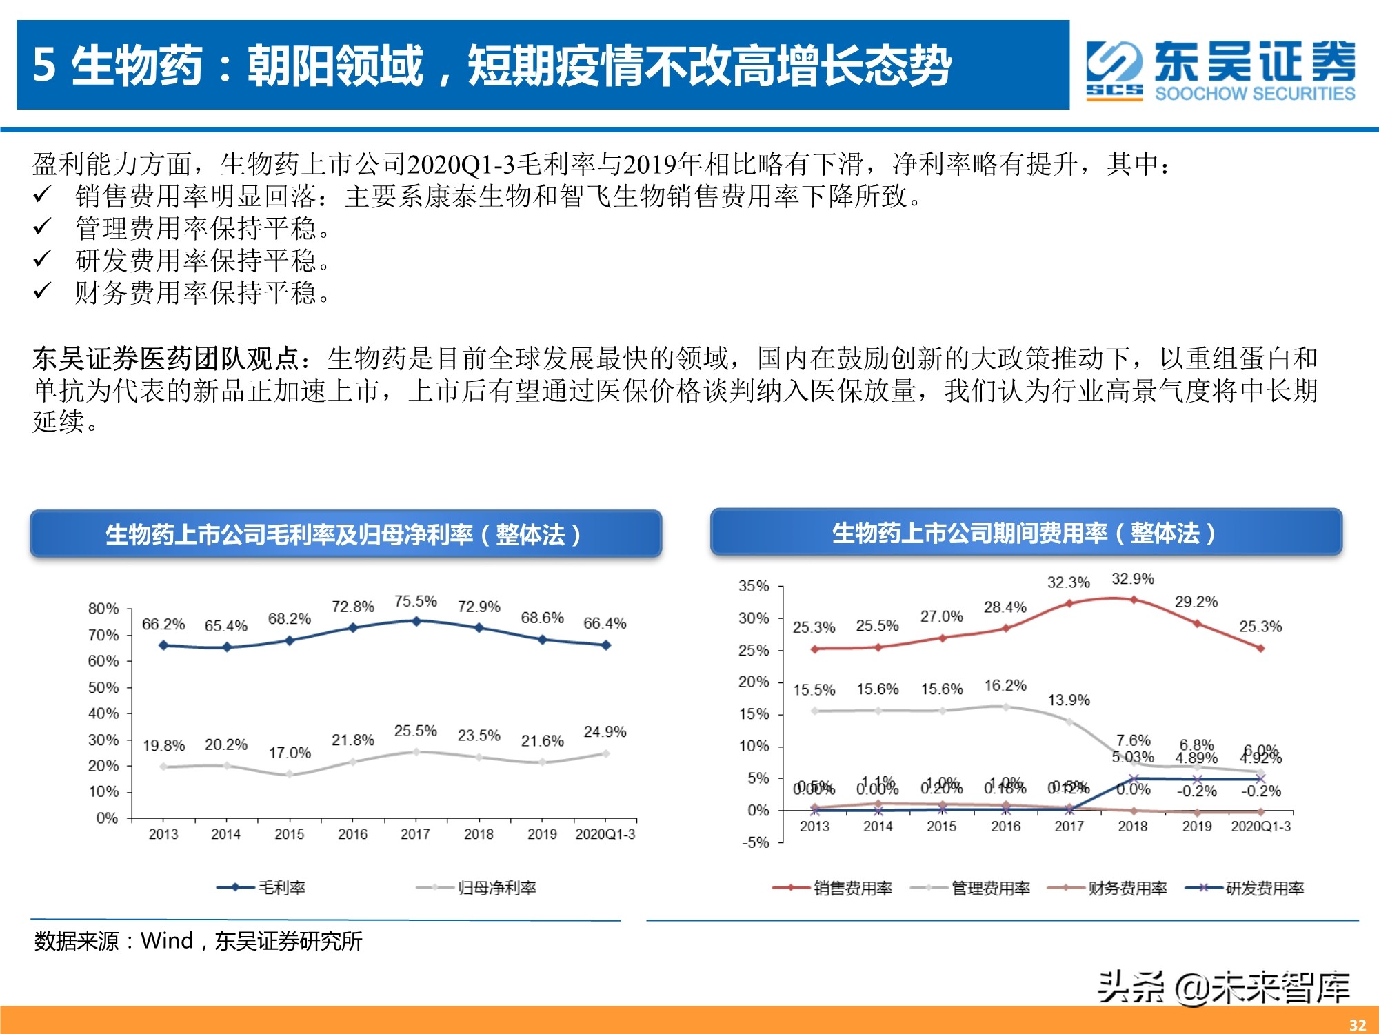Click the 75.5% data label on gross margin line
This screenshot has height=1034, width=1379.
pyautogui.click(x=415, y=601)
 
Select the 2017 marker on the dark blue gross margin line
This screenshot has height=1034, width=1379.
pyautogui.click(x=416, y=621)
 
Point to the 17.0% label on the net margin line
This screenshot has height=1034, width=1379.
pyautogui.click(x=290, y=753)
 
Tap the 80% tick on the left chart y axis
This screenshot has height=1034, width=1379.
pyautogui.click(x=103, y=609)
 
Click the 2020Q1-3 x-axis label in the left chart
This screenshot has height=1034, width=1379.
pyautogui.click(x=605, y=834)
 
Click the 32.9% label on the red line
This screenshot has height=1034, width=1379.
pyautogui.click(x=1132, y=579)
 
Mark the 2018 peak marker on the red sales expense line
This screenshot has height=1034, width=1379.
pyautogui.click(x=1134, y=600)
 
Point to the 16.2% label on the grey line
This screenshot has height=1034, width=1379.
pyautogui.click(x=1005, y=685)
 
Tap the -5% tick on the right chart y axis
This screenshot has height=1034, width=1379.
pyautogui.click(x=755, y=842)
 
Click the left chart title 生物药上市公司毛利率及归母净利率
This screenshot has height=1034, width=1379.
pyautogui.click(x=343, y=534)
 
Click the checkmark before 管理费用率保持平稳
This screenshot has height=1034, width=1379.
pyautogui.click(x=43, y=226)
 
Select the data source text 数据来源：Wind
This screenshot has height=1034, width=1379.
pyautogui.click(x=198, y=941)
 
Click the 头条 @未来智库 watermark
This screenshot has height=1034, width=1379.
pyautogui.click(x=1223, y=987)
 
